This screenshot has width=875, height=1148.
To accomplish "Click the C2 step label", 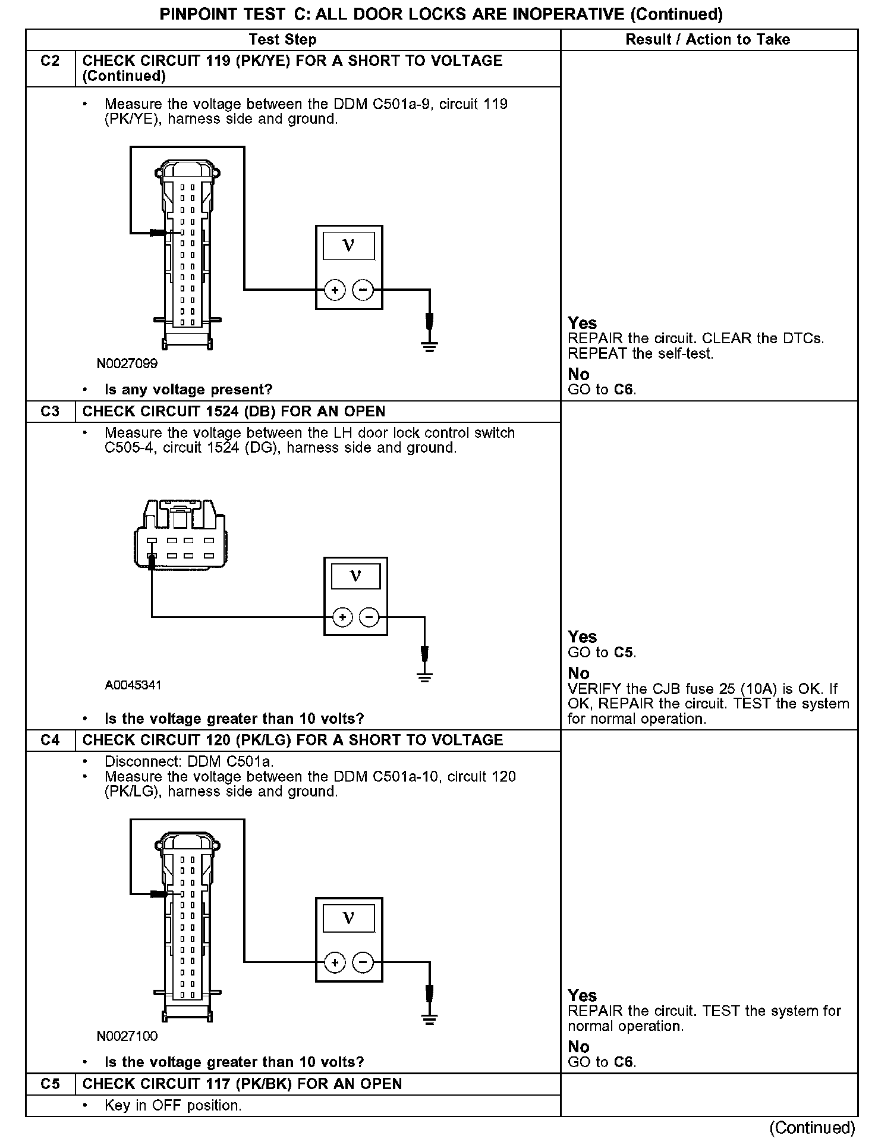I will [x=51, y=61].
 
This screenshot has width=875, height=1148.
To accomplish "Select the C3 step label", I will [x=51, y=412].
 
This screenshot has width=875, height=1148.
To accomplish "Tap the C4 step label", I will [x=51, y=741].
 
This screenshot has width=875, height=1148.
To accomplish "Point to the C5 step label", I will [x=51, y=1084].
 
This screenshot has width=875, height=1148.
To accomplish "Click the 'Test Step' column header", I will [x=282, y=40].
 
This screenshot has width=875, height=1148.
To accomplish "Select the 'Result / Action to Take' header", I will [x=707, y=40].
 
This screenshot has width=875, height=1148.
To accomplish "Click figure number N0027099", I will [x=127, y=363].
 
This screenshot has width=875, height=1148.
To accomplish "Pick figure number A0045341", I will [x=133, y=685].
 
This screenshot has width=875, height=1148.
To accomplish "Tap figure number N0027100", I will [x=127, y=1036].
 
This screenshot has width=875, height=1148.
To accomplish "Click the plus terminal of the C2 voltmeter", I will [x=335, y=290].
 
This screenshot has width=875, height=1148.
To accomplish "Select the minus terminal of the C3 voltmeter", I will [x=370, y=617].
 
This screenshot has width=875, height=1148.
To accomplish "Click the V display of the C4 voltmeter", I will [x=349, y=918].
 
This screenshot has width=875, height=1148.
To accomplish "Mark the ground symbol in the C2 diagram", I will [x=430, y=346].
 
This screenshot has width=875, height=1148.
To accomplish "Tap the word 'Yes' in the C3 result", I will [x=582, y=637].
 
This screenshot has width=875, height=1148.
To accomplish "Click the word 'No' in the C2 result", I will [x=578, y=374].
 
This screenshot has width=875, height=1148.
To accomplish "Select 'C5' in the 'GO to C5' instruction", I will [x=623, y=653].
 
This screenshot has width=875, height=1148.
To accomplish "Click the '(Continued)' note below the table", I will [x=812, y=1127].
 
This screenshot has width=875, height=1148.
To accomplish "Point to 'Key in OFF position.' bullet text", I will [x=173, y=1106].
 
